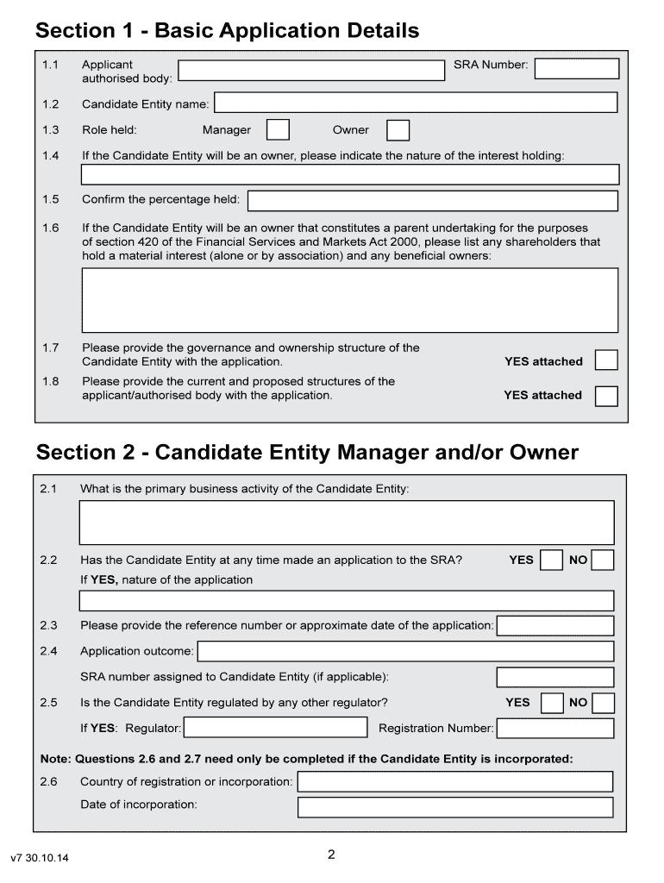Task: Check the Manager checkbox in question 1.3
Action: pyautogui.click(x=278, y=130)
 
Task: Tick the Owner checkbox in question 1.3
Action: pyautogui.click(x=398, y=130)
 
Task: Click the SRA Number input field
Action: pyautogui.click(x=576, y=68)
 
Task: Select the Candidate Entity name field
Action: pyautogui.click(x=416, y=103)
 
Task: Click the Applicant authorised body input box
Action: pyautogui.click(x=312, y=70)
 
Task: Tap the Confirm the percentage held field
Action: pyautogui.click(x=433, y=201)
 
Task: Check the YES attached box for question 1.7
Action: pyautogui.click(x=607, y=360)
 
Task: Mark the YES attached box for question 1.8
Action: pyautogui.click(x=607, y=396)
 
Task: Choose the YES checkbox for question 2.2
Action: pyautogui.click(x=551, y=560)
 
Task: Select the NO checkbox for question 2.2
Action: pyautogui.click(x=603, y=560)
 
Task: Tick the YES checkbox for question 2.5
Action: pyautogui.click(x=551, y=703)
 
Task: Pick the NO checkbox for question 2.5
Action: pyautogui.click(x=604, y=703)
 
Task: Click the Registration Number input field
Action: pyautogui.click(x=555, y=729)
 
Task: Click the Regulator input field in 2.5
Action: pyautogui.click(x=276, y=728)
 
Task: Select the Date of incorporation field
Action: pyautogui.click(x=455, y=807)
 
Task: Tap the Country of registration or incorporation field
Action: pyautogui.click(x=455, y=781)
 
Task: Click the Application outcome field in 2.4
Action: pyautogui.click(x=405, y=650)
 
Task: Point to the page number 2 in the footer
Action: pyautogui.click(x=331, y=855)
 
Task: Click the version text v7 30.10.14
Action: pyautogui.click(x=40, y=859)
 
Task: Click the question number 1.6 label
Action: pyautogui.click(x=50, y=229)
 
